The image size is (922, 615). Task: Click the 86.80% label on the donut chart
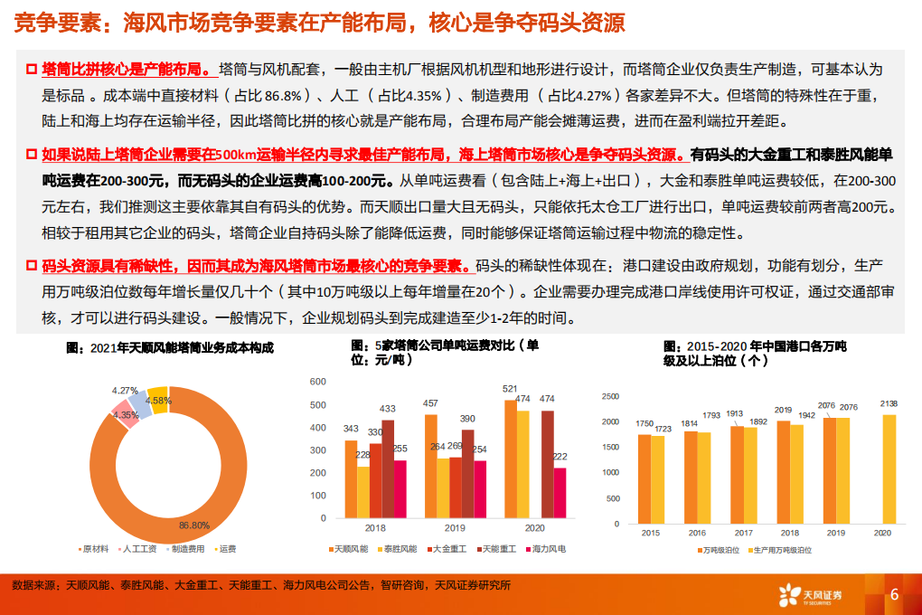(194, 525)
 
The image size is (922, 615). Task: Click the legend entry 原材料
(95, 549)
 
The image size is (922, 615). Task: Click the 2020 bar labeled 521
(510, 458)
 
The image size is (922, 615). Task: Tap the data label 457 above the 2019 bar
(430, 403)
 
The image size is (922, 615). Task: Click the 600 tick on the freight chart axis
(317, 381)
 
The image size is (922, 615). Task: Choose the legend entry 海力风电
(548, 549)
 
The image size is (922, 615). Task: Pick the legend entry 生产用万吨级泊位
(783, 549)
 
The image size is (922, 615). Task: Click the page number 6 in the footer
(894, 594)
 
